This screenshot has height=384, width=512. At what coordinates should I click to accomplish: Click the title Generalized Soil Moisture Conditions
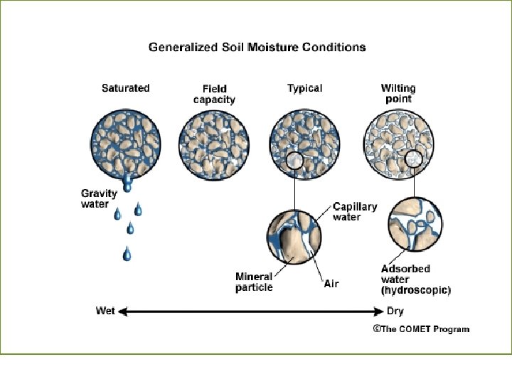pos(257,48)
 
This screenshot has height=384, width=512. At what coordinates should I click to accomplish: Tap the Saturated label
pos(125,88)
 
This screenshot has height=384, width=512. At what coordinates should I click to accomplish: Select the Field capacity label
pos(214,94)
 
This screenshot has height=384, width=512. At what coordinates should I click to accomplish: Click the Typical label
pos(304,88)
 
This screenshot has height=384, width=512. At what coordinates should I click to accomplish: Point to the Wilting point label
pos(398,93)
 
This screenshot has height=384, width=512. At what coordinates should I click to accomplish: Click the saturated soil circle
pos(126,144)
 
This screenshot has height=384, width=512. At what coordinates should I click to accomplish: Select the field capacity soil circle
pos(214,144)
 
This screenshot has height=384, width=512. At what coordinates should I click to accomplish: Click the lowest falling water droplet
pos(127,253)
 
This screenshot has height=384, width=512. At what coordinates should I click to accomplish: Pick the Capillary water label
pos(355,212)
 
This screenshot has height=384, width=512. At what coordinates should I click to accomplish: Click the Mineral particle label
pos(254,282)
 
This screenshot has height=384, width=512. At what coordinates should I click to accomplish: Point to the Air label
pos(331,284)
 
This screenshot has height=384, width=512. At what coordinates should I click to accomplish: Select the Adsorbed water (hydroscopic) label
pos(416,279)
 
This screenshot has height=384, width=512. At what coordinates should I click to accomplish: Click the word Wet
pos(105,311)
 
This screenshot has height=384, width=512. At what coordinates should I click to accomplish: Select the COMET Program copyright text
pos(421,329)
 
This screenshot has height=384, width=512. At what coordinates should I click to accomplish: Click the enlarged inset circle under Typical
pos(295,238)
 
